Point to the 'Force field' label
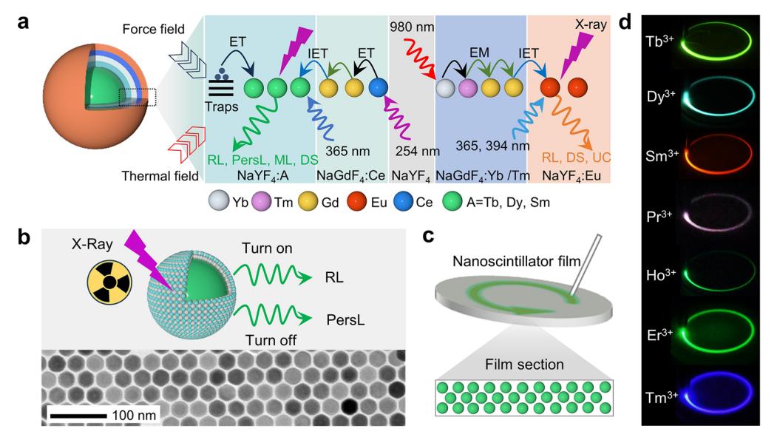(x=148, y=27)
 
